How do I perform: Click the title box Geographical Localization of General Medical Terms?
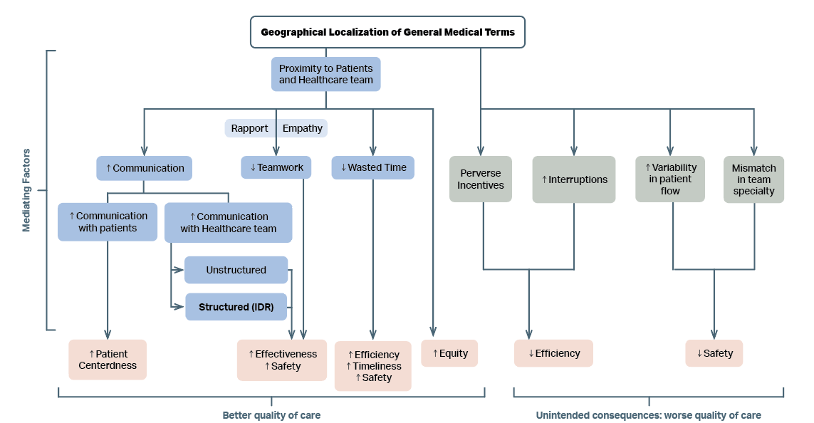coord(387,32)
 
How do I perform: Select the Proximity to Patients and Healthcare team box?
coord(326,74)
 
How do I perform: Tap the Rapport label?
coord(249,128)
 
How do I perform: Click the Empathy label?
coord(302,128)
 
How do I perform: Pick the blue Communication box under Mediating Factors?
coord(145,168)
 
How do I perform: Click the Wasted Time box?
coord(373,167)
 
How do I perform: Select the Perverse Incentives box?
coord(481,179)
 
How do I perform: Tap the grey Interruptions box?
coord(574,179)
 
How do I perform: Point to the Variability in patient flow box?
coord(670,179)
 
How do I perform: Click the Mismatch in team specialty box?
coord(753,179)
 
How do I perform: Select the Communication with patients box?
coord(108,221)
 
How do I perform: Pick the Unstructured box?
coord(236,270)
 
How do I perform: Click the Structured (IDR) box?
coord(236,307)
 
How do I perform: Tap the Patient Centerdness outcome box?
coord(108,360)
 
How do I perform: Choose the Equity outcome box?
coord(449,353)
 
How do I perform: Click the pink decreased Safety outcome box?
coord(714,353)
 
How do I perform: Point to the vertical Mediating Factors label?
coord(27,190)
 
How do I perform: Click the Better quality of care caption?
coord(271,415)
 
